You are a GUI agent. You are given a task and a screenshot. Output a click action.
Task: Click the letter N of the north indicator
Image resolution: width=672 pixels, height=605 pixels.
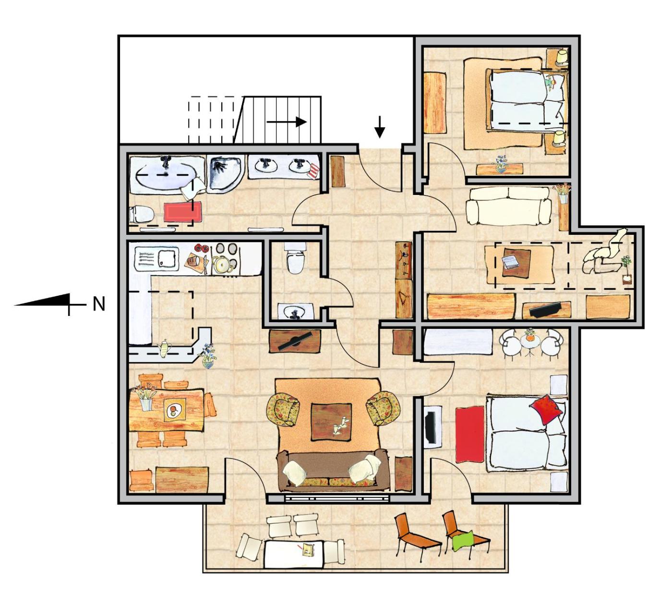[99, 304]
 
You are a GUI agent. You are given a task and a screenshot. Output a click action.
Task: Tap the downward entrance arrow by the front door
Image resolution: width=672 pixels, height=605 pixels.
[379, 127]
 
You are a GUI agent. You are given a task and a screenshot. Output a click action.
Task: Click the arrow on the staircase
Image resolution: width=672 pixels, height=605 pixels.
[287, 121]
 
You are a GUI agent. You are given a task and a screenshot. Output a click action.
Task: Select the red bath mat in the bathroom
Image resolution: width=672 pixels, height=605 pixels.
[183, 211]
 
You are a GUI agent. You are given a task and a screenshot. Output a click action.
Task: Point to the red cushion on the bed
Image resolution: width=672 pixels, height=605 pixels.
[546, 410]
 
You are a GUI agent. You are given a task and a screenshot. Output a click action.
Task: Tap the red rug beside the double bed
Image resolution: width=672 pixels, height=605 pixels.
[469, 434]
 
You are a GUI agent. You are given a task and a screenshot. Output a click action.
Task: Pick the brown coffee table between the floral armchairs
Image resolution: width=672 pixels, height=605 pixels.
[331, 422]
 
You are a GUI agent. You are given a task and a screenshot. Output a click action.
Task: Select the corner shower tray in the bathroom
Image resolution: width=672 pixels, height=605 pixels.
[225, 174]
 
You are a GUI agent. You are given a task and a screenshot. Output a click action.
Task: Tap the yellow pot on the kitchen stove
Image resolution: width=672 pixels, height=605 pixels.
[221, 264]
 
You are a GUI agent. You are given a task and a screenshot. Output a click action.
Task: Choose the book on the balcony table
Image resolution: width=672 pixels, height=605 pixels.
[309, 550]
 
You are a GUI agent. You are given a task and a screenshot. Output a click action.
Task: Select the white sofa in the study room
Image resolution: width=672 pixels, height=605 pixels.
[508, 205]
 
